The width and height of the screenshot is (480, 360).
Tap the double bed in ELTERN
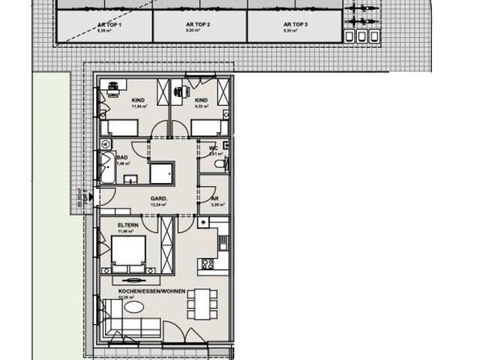point(128,253)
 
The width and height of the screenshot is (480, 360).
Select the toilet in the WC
point(218,163)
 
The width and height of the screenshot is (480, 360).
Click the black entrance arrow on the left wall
point(91,197)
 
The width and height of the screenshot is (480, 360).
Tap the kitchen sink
point(204,223)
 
